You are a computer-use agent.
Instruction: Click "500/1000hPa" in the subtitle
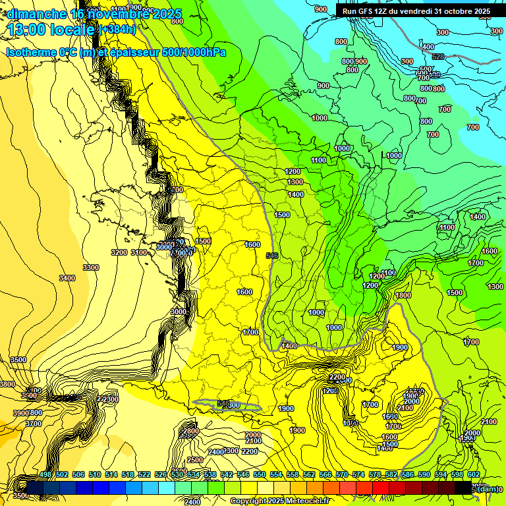tap(192, 52)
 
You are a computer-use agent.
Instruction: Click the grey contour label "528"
tap(438, 57)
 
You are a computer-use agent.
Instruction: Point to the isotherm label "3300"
tap(91, 267)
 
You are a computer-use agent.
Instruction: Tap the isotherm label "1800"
tap(403, 296)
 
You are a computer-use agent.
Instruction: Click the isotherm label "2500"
tap(195, 460)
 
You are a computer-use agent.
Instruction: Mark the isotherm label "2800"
tap(190, 432)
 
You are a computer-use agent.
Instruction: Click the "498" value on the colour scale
tap(45, 474)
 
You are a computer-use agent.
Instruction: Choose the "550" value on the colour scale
tap(260, 474)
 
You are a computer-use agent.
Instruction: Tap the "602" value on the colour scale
tap(474, 474)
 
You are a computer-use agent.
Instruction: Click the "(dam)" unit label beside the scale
tap(488, 488)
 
